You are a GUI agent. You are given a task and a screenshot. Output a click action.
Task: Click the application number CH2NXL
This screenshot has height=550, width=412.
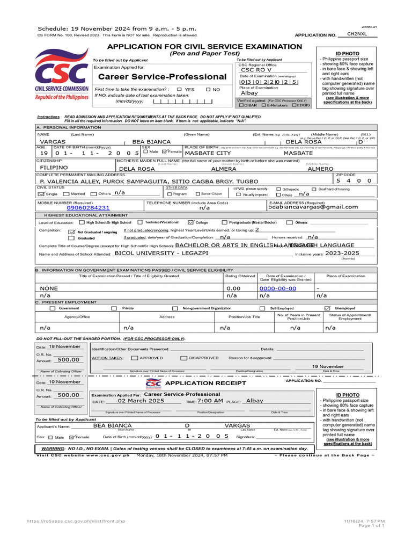(x=356, y=33)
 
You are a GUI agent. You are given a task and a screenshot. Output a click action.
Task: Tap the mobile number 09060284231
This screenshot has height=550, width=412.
(x=89, y=207)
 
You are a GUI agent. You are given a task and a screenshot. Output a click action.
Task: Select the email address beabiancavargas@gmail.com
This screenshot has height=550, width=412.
(x=313, y=207)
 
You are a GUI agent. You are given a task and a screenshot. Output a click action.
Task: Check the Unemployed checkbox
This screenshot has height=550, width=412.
(x=327, y=308)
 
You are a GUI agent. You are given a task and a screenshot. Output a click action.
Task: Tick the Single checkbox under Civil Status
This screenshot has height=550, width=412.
(x=42, y=193)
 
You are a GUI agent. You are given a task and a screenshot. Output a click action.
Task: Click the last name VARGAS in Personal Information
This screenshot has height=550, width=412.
(x=53, y=141)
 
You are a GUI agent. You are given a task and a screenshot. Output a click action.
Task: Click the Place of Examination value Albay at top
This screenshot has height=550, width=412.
(x=249, y=93)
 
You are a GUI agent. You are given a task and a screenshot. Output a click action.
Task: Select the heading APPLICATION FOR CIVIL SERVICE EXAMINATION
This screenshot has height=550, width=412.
(x=205, y=47)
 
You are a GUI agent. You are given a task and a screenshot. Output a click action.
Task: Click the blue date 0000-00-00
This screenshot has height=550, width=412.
(x=277, y=288)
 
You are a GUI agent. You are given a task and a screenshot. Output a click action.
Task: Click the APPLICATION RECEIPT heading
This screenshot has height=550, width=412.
(x=205, y=383)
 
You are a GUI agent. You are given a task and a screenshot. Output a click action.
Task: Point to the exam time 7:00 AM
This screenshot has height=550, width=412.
(x=210, y=401)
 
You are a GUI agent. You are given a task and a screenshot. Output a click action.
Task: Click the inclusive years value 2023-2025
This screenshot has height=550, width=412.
(x=343, y=252)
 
